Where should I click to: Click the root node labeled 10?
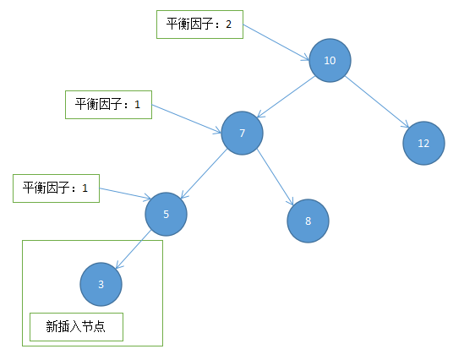(330, 60)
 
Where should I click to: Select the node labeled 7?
(242, 134)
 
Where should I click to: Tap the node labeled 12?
(423, 143)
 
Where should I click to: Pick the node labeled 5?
(166, 214)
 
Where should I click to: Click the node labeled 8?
(308, 221)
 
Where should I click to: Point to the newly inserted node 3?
(101, 284)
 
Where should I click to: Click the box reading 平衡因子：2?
(200, 25)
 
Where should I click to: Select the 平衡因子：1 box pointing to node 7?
(108, 105)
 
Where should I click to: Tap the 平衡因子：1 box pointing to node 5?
(56, 188)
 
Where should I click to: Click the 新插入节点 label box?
(76, 327)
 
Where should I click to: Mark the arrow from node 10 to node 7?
(286, 97)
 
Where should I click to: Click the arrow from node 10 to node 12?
(377, 101)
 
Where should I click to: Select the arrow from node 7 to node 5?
(204, 174)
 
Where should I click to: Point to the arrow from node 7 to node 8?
(276, 177)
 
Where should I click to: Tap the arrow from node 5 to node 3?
(134, 249)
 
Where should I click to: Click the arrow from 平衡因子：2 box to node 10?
(276, 43)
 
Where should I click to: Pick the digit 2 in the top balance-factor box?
(229, 25)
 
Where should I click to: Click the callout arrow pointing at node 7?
(187, 119)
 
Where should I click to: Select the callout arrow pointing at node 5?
(125, 194)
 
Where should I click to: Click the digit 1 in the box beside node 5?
(85, 188)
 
